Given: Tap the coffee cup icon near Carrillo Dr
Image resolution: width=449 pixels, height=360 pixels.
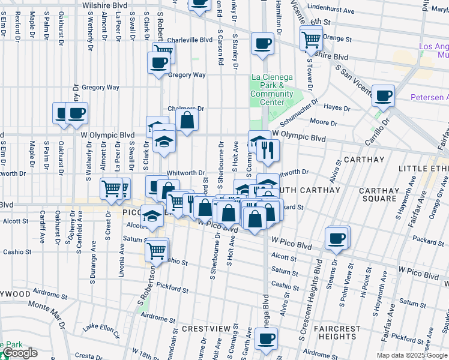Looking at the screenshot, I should click(x=383, y=95).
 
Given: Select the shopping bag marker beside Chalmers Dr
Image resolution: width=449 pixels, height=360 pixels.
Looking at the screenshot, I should click(x=187, y=119).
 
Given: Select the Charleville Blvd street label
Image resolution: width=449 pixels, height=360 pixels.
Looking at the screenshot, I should click(x=190, y=40).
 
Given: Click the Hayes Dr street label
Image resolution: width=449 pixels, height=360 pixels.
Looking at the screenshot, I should click(x=337, y=107).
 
